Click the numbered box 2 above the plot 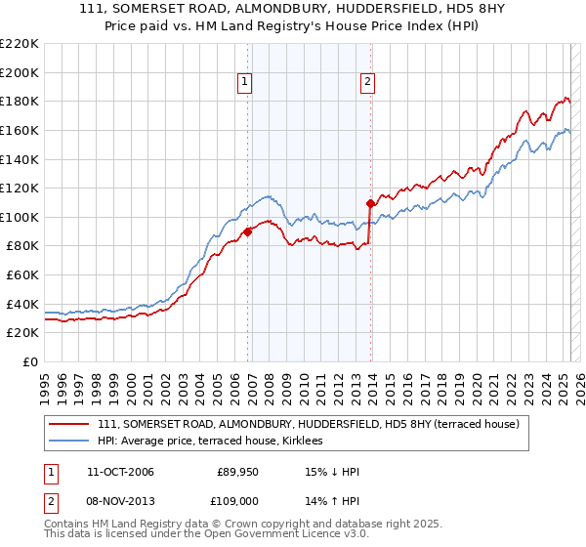pos(368,83)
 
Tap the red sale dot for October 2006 pos(248,231)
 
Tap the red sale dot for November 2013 pos(370,204)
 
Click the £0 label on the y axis pos(29,362)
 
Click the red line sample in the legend pos(69,424)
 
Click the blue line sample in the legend pos(69,442)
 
